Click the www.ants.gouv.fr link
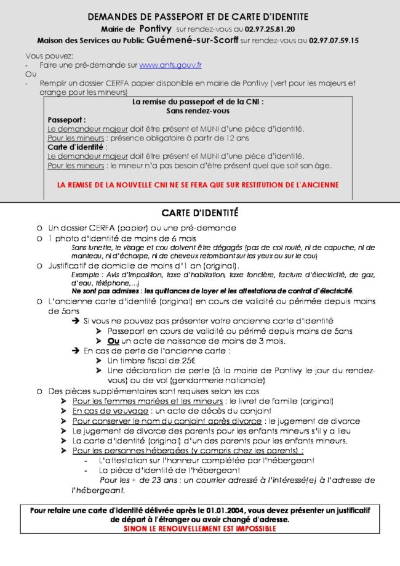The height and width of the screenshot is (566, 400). pyautogui.click(x=170, y=65)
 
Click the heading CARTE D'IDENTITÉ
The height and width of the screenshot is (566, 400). pyautogui.click(x=200, y=213)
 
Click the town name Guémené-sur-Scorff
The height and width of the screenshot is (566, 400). pyautogui.click(x=188, y=40)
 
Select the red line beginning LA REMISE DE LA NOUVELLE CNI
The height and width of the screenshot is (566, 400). pyautogui.click(x=198, y=184)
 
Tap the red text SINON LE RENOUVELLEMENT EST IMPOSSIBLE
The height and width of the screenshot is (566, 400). pyautogui.click(x=200, y=528)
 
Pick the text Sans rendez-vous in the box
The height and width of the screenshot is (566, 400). pyautogui.click(x=198, y=111)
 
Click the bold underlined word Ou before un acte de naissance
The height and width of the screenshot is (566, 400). pyautogui.click(x=113, y=341)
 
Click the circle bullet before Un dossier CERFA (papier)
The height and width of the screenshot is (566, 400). pyautogui.click(x=39, y=227)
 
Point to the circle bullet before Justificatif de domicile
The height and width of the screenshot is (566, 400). pyautogui.click(x=39, y=265)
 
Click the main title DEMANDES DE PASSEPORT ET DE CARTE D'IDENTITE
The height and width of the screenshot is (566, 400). pyautogui.click(x=198, y=17)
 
